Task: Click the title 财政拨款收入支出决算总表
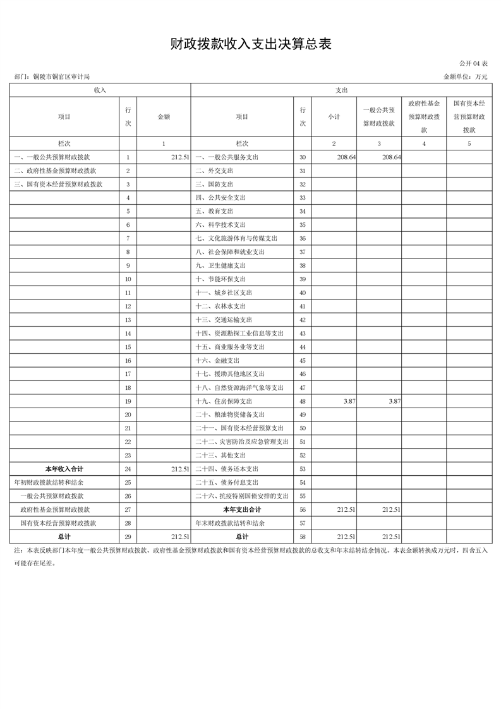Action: [x=251, y=44]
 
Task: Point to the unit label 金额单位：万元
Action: [x=466, y=76]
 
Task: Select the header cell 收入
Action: [x=100, y=90]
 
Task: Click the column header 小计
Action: [x=334, y=117]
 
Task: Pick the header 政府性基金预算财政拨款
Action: [x=424, y=116]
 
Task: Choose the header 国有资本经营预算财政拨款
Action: [x=469, y=116]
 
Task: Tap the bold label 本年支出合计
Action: [x=242, y=509]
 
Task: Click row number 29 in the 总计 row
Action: [x=128, y=536]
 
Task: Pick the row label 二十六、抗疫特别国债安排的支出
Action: [x=242, y=496]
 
